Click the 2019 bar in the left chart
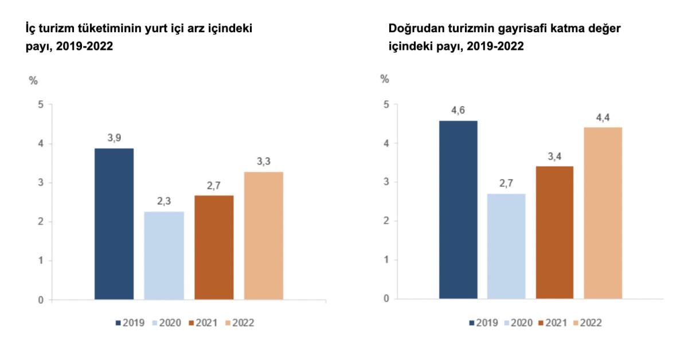click(x=114, y=224)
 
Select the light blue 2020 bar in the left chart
click(x=164, y=255)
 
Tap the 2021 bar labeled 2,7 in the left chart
click(x=214, y=247)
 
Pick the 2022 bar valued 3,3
click(x=264, y=235)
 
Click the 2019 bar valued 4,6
click(x=458, y=209)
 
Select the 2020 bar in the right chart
click(x=506, y=246)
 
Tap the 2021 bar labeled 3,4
click(x=554, y=232)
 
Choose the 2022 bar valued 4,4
click(x=603, y=213)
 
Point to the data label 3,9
click(x=114, y=138)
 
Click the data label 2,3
click(x=164, y=201)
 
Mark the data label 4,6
click(x=458, y=110)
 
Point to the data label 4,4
click(x=603, y=118)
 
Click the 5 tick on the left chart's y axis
click(x=41, y=105)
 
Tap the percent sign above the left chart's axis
click(x=33, y=80)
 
